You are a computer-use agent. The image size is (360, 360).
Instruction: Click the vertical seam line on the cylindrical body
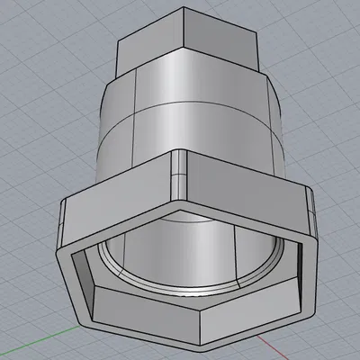[x=134, y=117]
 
